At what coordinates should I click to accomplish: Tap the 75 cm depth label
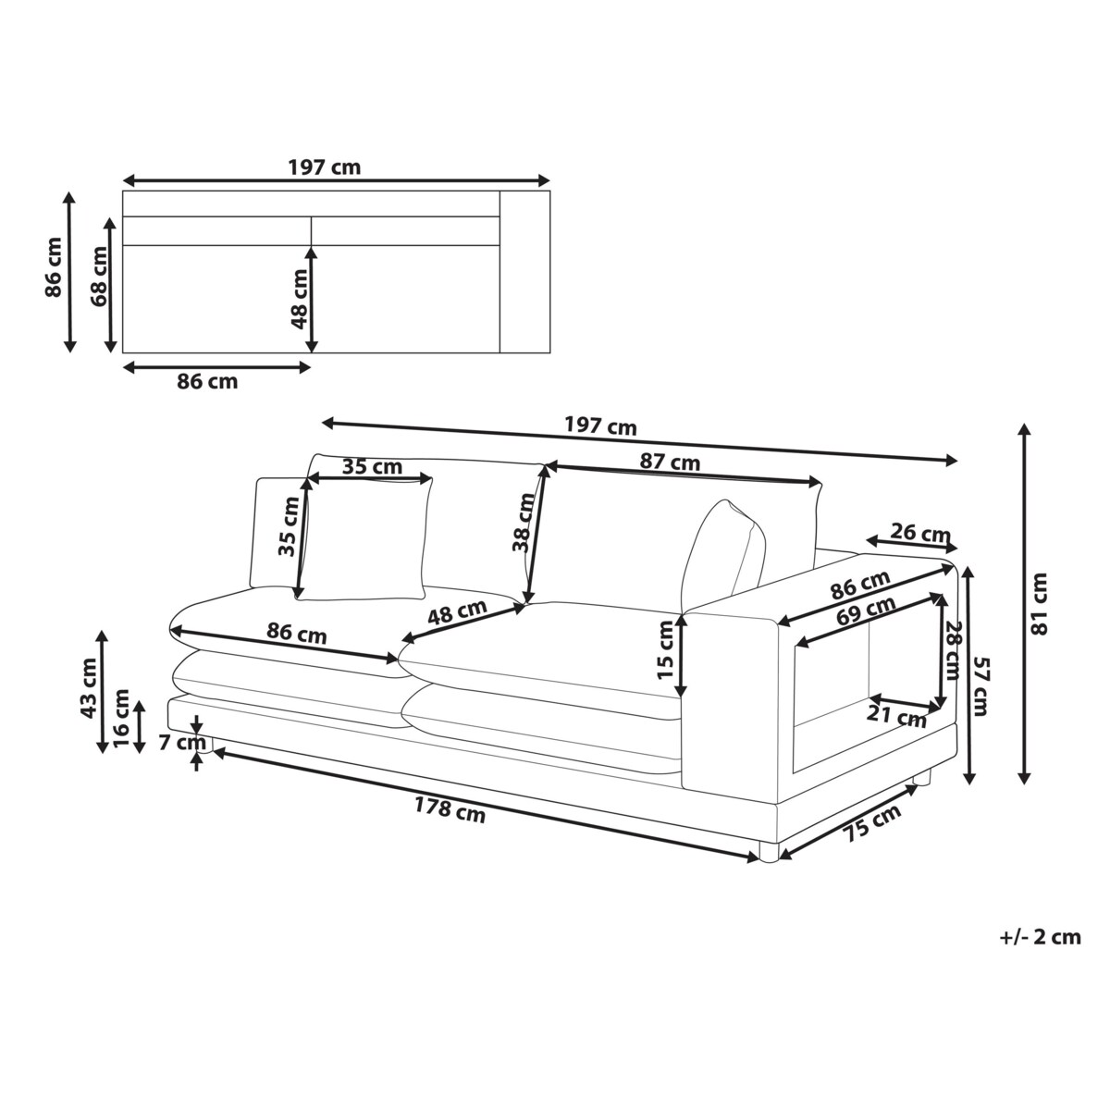click(x=872, y=824)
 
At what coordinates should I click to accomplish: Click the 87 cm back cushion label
click(x=670, y=462)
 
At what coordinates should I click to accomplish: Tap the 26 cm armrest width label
click(x=920, y=533)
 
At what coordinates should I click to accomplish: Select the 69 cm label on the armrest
click(x=866, y=610)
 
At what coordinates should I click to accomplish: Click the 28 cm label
click(x=953, y=650)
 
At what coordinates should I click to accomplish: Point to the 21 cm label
click(x=897, y=717)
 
